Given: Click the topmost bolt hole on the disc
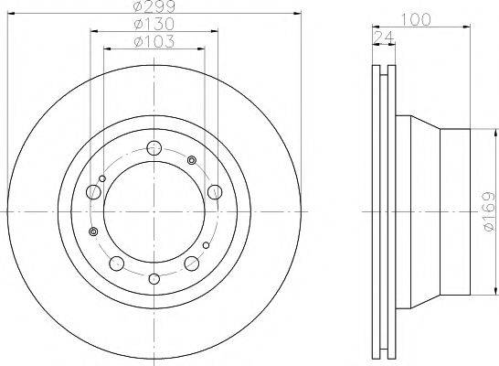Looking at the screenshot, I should tap(154, 148).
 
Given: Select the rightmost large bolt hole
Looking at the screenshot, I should tap(214, 191).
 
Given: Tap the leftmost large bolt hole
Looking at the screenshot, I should tap(93, 192).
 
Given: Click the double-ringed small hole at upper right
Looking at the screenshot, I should tap(192, 161).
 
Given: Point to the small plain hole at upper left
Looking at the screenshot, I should tap(103, 178).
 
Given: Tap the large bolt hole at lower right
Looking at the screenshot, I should tap(193, 264).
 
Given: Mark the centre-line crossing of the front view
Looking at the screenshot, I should tap(154, 212).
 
